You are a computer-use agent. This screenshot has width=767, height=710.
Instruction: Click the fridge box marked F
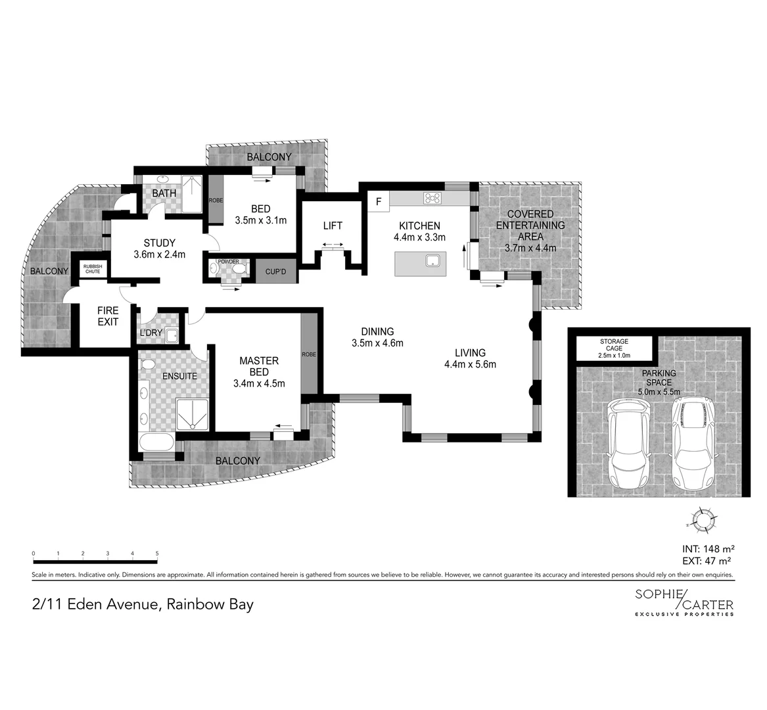[x=378, y=201]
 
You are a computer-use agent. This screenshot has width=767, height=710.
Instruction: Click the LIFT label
[x=333, y=225]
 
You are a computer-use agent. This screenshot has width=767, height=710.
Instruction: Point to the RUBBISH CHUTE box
[x=92, y=268]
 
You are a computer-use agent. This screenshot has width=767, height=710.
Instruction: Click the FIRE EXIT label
[x=108, y=316]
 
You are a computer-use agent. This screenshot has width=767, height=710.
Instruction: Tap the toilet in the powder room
[x=239, y=269]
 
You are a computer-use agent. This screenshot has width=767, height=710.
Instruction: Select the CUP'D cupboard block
[x=275, y=272]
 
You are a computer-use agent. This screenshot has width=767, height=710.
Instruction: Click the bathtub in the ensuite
[x=156, y=441]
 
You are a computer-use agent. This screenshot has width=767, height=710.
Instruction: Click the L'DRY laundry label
[x=151, y=333]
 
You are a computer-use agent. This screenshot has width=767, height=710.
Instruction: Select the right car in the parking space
[x=692, y=442]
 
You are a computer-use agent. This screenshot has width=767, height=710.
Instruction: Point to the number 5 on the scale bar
[x=157, y=554]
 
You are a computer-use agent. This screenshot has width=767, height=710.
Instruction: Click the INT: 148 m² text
[x=707, y=548]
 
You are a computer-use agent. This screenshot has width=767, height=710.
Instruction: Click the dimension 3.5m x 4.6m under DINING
[x=377, y=343]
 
